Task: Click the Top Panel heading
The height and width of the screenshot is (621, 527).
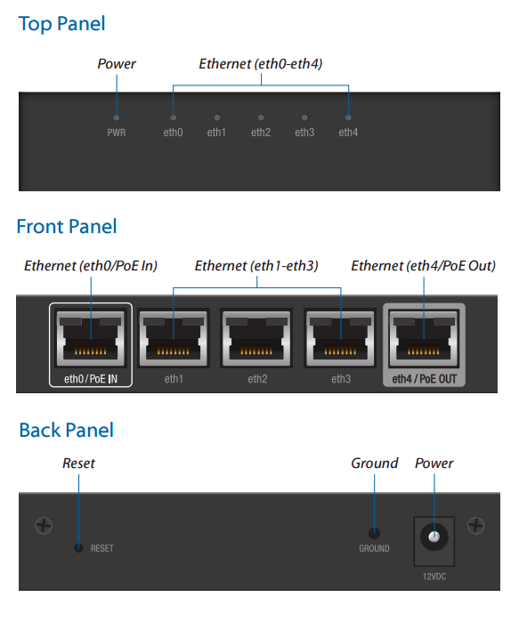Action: click(x=61, y=24)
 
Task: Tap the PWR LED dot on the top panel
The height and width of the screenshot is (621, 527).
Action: click(x=117, y=117)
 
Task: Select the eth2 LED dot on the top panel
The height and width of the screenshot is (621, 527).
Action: click(x=261, y=117)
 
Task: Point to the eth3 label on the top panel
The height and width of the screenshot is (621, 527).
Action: click(x=304, y=133)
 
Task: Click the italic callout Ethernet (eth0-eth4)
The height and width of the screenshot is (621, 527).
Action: click(x=261, y=64)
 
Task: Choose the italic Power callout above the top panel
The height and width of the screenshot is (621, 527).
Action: click(x=117, y=64)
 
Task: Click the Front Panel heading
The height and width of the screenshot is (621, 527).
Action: click(x=67, y=227)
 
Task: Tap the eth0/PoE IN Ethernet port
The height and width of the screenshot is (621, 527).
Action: click(x=91, y=339)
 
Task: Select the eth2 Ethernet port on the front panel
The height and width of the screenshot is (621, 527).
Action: click(x=256, y=339)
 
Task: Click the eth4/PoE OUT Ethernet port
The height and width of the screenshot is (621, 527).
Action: click(x=424, y=339)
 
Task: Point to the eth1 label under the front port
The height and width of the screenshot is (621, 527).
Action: click(x=174, y=379)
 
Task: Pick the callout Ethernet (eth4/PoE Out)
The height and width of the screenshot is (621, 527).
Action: click(x=424, y=266)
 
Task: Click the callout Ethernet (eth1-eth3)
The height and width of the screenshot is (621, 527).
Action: click(x=256, y=266)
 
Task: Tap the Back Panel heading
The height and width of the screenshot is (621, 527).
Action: click(x=67, y=430)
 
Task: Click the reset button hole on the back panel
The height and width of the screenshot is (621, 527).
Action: click(x=79, y=548)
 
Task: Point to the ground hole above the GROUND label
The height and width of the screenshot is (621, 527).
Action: click(x=374, y=534)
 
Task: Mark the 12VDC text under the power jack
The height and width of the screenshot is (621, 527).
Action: click(x=434, y=577)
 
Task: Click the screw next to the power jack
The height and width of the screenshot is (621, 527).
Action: click(x=476, y=526)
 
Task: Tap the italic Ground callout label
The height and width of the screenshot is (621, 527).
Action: click(x=375, y=464)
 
